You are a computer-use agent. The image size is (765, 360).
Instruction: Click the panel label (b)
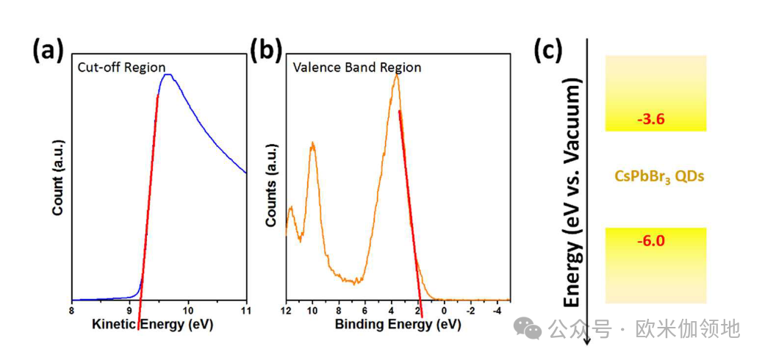click(265, 51)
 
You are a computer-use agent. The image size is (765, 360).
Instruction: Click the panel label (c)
click(547, 51)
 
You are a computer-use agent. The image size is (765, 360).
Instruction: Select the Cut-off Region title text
click(122, 67)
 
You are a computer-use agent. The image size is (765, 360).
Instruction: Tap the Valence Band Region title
click(357, 68)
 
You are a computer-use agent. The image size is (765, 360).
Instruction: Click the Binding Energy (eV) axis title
click(397, 324)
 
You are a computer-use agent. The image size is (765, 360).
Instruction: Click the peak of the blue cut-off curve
click(168, 74)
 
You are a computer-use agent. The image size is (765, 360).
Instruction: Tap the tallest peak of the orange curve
click(396, 74)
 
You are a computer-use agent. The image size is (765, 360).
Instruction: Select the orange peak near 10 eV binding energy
click(312, 145)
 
